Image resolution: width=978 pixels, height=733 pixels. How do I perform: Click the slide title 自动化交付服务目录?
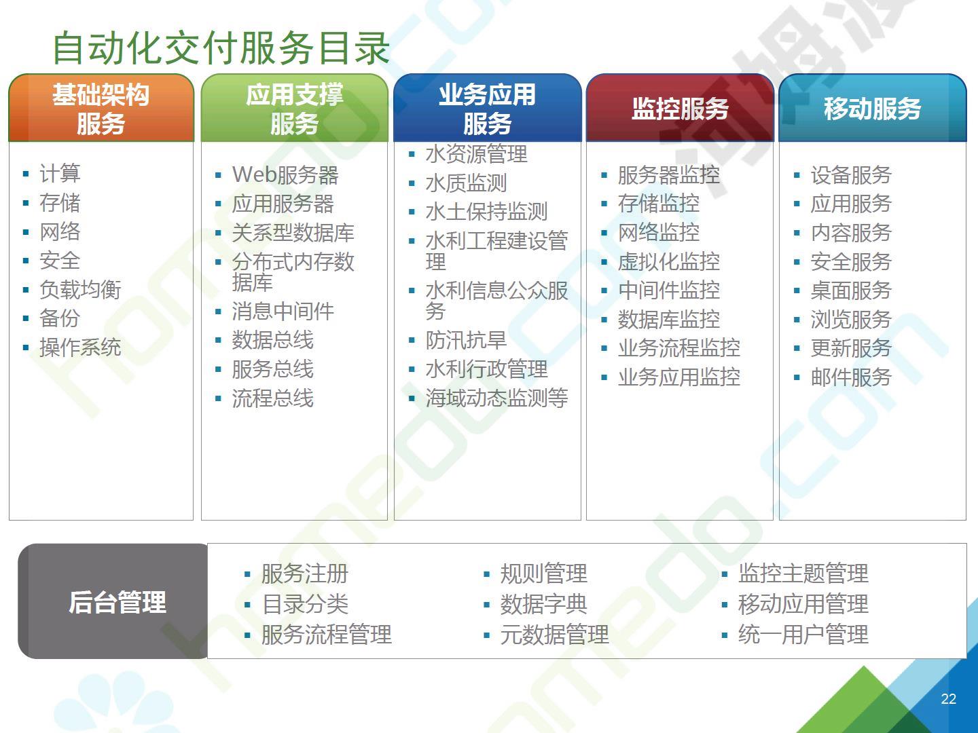coord(221,48)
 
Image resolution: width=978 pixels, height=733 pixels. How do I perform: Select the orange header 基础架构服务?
coord(101,108)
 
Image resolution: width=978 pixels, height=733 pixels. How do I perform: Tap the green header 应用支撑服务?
coord(295,108)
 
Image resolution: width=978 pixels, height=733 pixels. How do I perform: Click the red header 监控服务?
coord(680,108)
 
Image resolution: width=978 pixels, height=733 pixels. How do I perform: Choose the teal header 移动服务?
coord(873,108)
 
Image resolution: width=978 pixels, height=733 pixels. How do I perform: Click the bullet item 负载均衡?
coord(80,290)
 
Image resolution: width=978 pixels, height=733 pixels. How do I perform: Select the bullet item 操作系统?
coord(80,347)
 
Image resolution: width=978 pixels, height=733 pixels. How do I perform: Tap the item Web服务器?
coord(285,175)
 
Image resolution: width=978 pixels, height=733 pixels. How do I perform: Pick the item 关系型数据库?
coord(293,233)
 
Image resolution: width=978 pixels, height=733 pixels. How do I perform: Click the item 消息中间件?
coord(283,311)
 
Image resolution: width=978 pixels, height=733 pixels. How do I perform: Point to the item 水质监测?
coord(466,183)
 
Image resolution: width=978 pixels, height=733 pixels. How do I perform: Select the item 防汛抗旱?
coord(466,341)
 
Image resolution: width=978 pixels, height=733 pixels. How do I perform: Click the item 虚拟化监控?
coord(669,261)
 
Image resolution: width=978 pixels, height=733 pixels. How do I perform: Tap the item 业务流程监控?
coord(679,348)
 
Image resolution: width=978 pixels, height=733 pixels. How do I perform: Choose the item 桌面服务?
coord(851,290)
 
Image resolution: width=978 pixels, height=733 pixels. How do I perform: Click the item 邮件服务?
coord(851,377)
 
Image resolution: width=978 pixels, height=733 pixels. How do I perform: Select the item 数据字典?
coord(543,604)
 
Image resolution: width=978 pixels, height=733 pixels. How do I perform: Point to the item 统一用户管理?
coord(803,634)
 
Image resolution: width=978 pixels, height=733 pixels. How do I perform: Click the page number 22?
coord(949,699)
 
